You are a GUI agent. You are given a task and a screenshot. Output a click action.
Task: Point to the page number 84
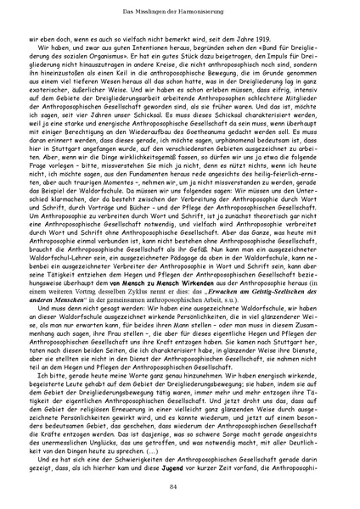(179, 484)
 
